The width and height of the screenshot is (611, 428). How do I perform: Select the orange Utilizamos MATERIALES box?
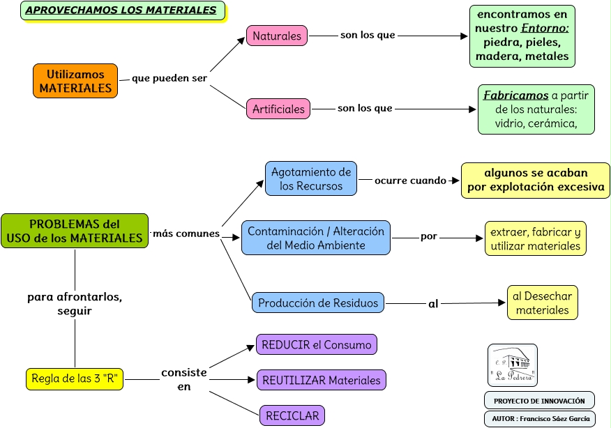point(75,81)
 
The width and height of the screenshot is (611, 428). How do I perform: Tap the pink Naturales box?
point(277,36)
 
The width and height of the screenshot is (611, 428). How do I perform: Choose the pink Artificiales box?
point(278,109)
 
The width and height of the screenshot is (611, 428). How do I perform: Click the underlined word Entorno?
point(545,29)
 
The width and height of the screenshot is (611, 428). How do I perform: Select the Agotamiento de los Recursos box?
point(311,178)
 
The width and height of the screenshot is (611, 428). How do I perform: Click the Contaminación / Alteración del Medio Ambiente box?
point(316,238)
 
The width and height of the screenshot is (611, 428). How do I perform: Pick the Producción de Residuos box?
point(318,303)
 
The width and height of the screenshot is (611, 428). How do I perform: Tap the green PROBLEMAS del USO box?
point(75,231)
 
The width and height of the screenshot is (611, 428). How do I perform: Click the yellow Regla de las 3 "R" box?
point(75,379)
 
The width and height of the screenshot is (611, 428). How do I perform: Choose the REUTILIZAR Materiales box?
point(321,380)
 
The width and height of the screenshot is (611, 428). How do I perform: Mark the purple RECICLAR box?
point(292,415)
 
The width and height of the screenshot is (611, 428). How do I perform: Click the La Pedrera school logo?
point(512,365)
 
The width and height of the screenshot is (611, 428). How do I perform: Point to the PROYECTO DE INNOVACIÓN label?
point(539,400)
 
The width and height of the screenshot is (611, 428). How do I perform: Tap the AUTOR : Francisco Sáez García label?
point(539,418)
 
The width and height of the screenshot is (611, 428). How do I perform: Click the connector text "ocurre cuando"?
point(410,181)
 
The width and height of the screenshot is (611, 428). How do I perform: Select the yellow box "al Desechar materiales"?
point(542,303)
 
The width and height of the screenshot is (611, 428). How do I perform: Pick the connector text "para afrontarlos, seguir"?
point(75,304)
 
